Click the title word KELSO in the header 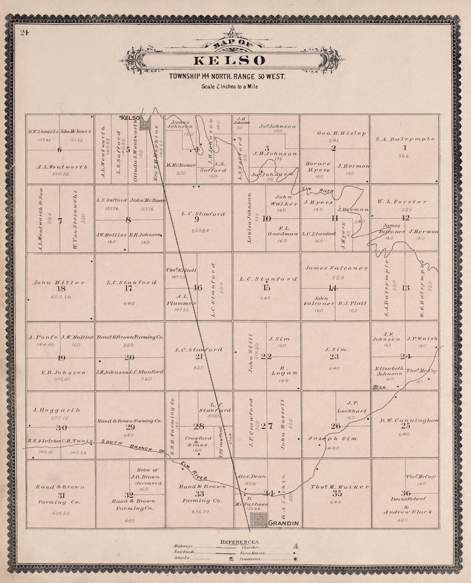click(230, 60)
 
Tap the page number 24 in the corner click(24, 33)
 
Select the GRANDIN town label click(283, 523)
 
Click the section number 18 click(61, 289)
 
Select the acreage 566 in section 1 click(403, 156)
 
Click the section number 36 click(405, 493)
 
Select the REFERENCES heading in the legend click(240, 542)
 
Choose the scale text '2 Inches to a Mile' click(230, 86)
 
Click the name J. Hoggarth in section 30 click(57, 410)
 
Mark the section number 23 click(334, 356)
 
